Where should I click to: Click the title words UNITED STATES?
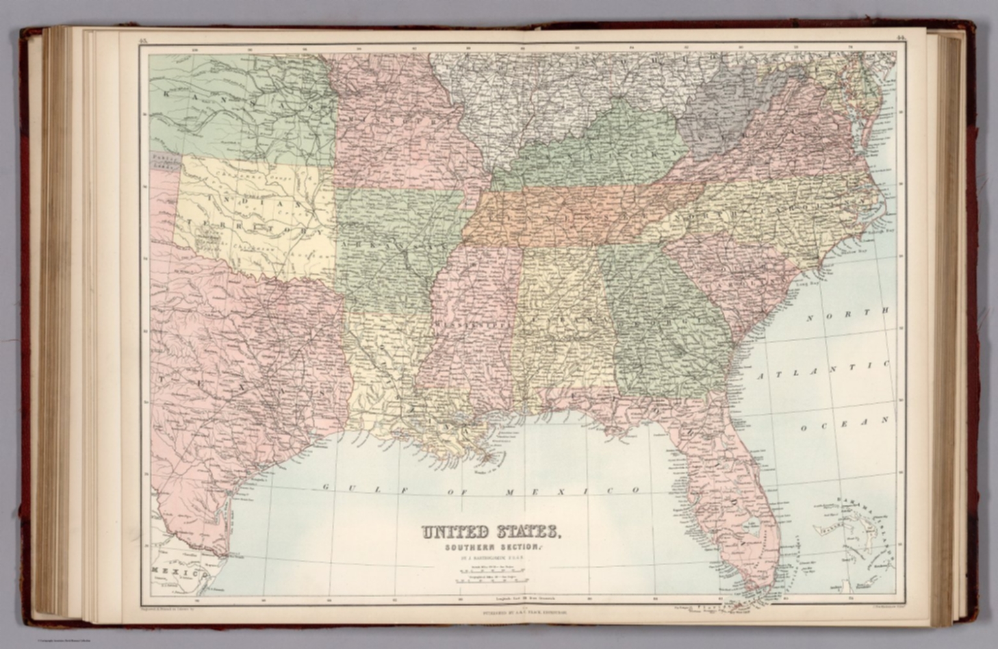(x=491, y=533)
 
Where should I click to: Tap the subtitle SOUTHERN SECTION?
(x=491, y=547)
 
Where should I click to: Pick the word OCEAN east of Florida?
(x=843, y=424)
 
